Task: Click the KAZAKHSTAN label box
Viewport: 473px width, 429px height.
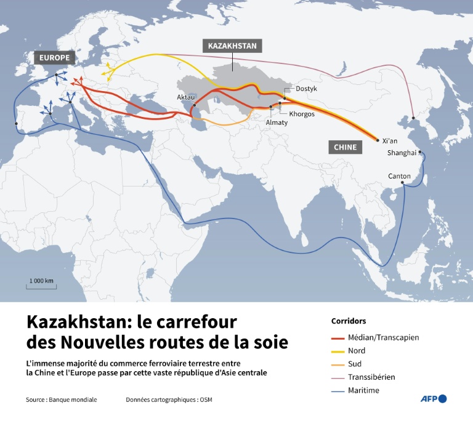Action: point(232,46)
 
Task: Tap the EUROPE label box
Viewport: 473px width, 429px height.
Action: point(54,58)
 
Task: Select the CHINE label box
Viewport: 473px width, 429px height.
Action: point(346,147)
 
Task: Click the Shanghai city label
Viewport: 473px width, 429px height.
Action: point(402,153)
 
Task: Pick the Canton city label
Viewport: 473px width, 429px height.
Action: point(399,176)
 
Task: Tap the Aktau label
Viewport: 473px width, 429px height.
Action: point(185,98)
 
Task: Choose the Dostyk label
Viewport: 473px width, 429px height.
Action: point(306,89)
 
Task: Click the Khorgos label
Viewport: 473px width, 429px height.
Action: point(301,114)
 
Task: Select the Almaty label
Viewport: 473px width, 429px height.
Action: point(276,122)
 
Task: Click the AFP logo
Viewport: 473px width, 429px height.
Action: point(434,399)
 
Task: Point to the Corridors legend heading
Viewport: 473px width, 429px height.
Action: point(349,321)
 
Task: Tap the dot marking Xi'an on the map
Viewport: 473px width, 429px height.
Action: point(378,141)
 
